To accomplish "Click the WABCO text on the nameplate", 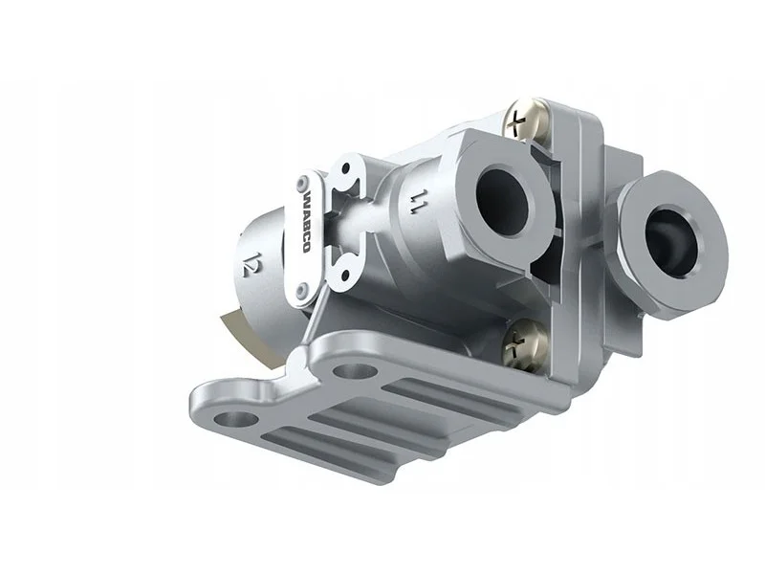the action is (306, 222).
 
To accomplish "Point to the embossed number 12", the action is (249, 265).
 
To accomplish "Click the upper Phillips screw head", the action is (524, 119).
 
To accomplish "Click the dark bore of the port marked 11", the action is (502, 200).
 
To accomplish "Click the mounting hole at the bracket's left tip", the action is (235, 418).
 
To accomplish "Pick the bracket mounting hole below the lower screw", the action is (355, 371).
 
